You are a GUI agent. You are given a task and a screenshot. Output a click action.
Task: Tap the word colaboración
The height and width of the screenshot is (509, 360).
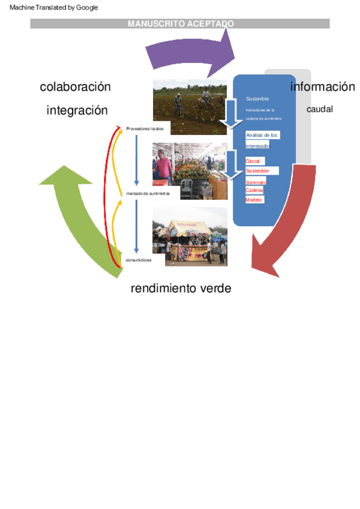76,87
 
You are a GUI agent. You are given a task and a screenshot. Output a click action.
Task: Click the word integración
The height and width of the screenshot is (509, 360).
77,110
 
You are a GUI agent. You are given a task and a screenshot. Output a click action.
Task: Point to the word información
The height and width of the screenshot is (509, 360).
322,87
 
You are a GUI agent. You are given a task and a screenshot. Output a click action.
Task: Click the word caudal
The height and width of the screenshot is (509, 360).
319,109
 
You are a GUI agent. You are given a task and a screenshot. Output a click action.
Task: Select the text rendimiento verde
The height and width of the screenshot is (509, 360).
181,289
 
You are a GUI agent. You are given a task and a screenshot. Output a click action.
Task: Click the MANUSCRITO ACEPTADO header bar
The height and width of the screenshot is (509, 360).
180,23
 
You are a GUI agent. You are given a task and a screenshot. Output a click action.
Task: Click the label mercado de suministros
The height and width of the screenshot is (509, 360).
148,194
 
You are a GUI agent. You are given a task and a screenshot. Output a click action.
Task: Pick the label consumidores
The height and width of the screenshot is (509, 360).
138,260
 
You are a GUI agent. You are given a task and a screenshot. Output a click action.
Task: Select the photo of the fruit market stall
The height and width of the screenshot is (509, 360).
190,171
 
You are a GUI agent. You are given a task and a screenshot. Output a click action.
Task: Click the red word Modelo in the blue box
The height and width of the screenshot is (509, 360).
254,199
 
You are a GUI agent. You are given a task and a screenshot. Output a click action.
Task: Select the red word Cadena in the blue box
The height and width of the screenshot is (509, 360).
254,190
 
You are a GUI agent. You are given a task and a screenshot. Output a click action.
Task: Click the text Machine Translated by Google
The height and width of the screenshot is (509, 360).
54,7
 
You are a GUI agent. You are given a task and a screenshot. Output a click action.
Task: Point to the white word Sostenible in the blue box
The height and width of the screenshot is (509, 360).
257,98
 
